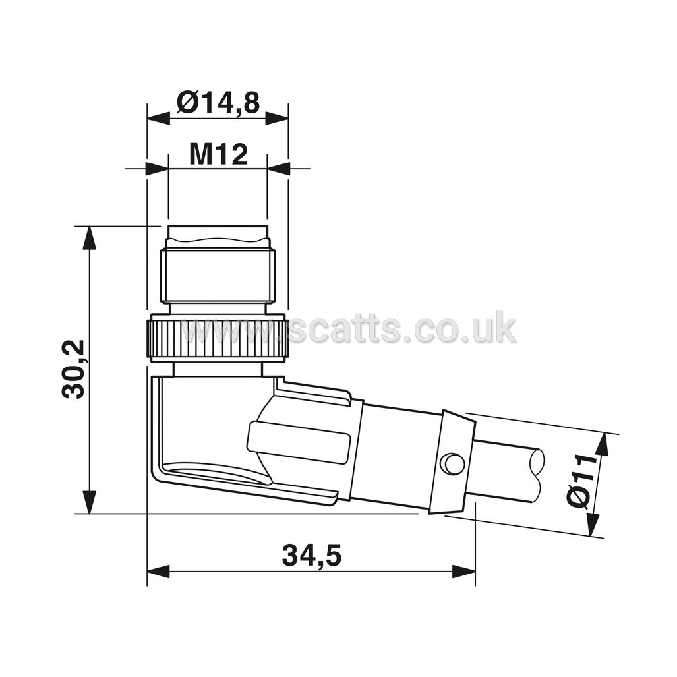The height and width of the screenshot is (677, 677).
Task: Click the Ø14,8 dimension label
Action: coord(218,103)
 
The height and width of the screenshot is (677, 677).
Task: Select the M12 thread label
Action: coord(218,154)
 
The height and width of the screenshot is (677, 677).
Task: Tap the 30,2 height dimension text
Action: coord(73,369)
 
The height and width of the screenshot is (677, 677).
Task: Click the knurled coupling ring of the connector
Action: coord(218,338)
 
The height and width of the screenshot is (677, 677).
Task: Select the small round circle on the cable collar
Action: coord(452,463)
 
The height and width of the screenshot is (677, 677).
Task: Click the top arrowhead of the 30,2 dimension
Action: coord(90,237)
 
